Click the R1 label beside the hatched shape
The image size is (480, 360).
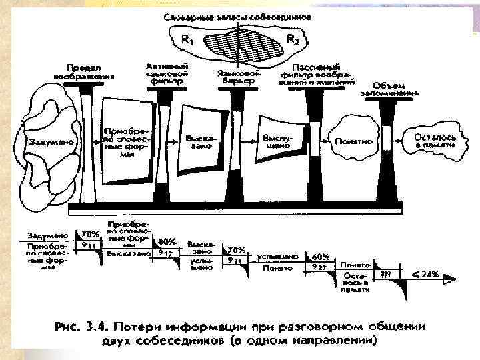(x=189, y=39)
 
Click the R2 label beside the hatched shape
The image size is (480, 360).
(x=292, y=39)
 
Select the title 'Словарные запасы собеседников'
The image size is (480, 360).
(x=237, y=17)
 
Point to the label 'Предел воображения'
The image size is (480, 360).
(x=84, y=71)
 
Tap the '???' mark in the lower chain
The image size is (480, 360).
(x=385, y=274)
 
